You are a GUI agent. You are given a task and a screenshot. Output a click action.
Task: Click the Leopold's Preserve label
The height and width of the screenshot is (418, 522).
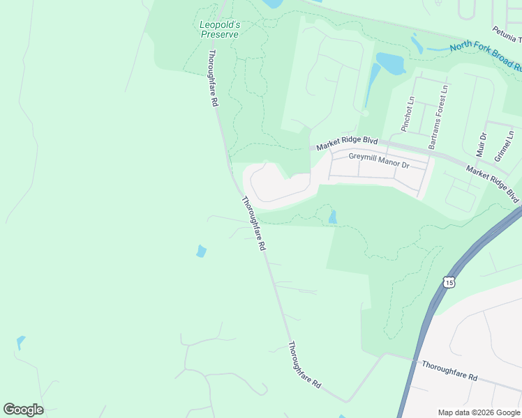[x=219, y=29]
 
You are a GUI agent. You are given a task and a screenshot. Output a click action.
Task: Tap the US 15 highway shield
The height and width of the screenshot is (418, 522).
[x=449, y=281]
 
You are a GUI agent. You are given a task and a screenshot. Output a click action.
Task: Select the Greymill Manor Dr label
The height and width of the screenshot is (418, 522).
[x=379, y=159]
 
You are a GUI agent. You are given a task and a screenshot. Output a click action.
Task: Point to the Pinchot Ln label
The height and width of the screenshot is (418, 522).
[x=408, y=114]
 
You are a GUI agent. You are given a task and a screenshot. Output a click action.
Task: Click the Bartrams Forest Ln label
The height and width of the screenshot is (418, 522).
[x=438, y=116]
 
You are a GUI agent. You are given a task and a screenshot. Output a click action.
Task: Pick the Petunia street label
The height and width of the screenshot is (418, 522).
[x=506, y=32]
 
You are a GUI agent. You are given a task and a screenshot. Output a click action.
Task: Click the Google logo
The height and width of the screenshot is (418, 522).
[x=23, y=410]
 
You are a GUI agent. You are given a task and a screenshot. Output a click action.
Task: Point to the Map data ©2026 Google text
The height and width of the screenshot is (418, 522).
[x=478, y=412]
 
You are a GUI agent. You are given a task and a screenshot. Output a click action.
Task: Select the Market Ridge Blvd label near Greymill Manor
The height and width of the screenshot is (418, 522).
[x=347, y=143]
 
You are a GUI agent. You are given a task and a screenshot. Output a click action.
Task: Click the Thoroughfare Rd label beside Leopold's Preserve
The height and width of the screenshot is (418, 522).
[x=213, y=77]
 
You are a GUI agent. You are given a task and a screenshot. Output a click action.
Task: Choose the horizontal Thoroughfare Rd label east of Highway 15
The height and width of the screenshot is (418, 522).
[x=449, y=371]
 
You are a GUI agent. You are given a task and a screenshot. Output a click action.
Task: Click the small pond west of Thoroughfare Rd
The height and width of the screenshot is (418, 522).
[x=201, y=251]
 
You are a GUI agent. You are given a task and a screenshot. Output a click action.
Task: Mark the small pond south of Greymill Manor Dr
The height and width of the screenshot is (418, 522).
[x=332, y=217]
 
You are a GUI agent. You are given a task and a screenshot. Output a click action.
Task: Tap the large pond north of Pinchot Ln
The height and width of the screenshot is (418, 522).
[x=391, y=63]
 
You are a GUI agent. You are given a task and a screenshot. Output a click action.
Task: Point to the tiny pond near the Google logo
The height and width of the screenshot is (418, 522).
[x=20, y=343]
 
